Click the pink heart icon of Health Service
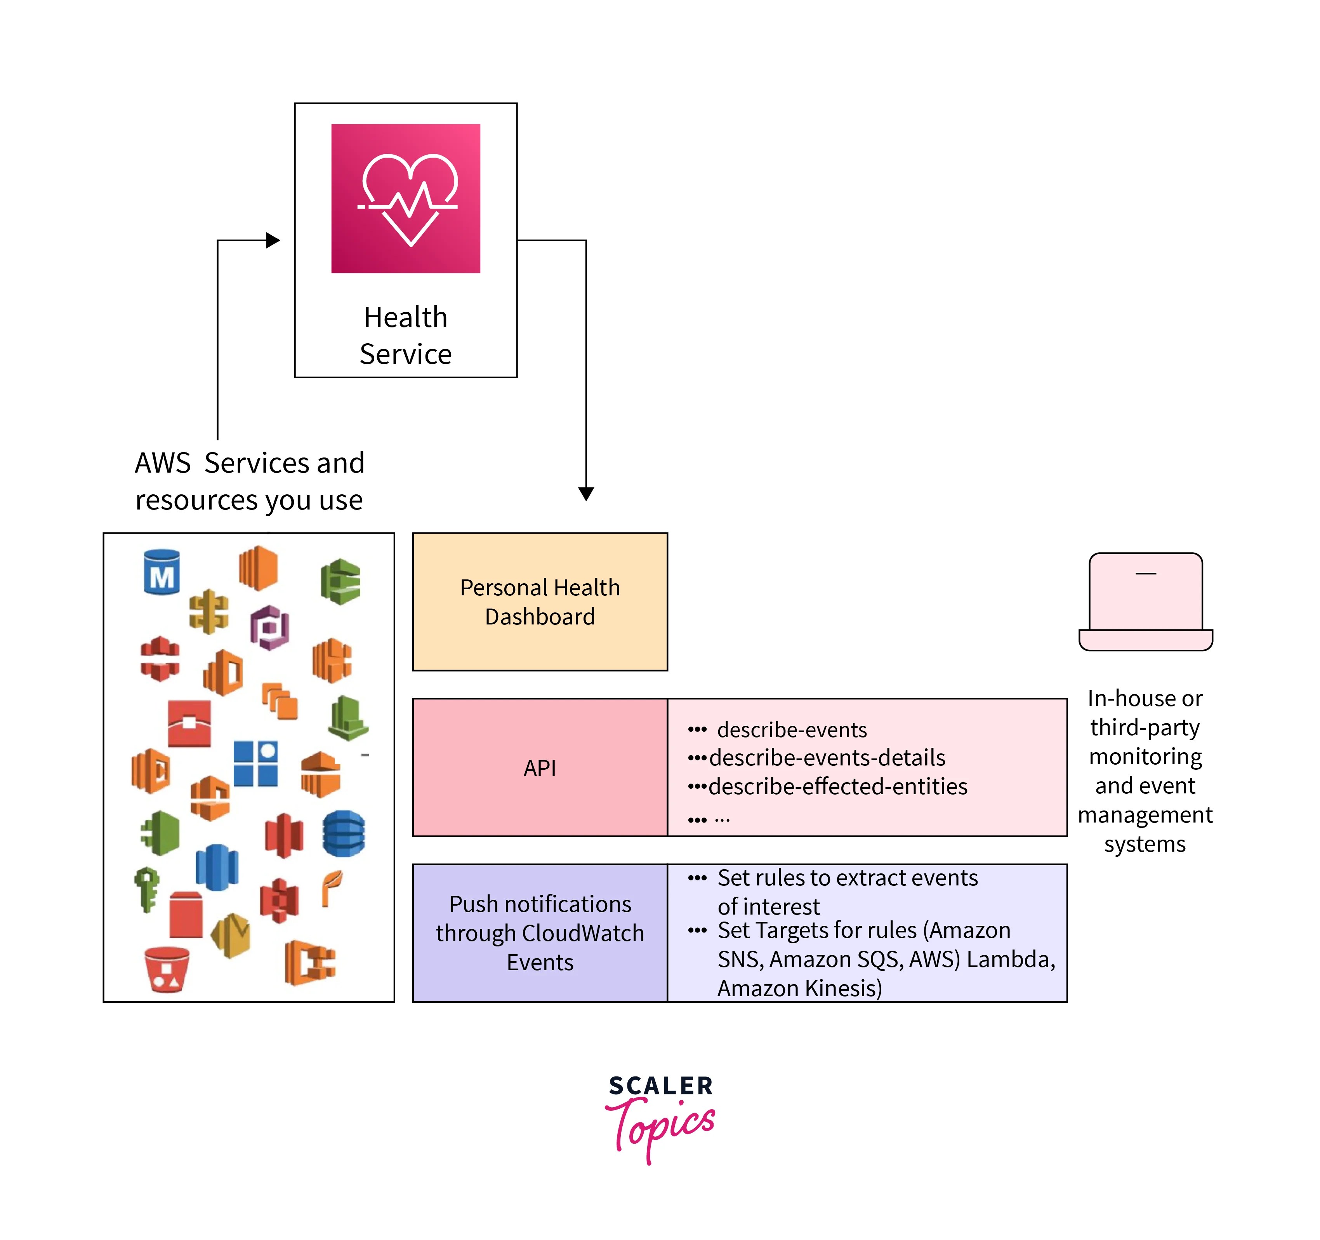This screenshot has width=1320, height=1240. [406, 198]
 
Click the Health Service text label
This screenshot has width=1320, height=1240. [406, 336]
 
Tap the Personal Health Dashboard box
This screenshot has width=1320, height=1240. [540, 602]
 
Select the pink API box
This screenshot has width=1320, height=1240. [540, 768]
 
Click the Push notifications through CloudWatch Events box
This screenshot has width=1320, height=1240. [540, 932]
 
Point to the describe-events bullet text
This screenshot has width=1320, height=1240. [792, 730]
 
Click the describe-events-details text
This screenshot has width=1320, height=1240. [827, 758]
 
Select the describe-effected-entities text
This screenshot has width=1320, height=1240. [838, 786]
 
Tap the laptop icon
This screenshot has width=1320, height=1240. [1145, 602]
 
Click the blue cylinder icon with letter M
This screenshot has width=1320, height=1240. [162, 572]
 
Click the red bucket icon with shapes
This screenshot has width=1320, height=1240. [167, 969]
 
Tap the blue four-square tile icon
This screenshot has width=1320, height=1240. [255, 764]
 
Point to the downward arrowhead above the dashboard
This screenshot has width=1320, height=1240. [585, 494]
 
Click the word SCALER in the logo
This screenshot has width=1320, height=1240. [661, 1086]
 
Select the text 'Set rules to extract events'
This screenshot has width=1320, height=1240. [847, 878]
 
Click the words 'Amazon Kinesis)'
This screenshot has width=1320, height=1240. [799, 988]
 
